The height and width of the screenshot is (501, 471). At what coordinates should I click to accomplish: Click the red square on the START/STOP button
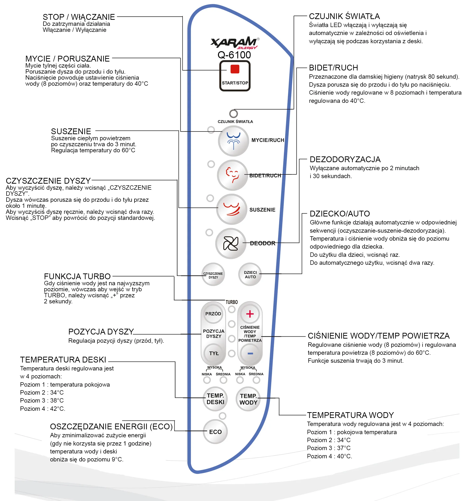coord(235,69)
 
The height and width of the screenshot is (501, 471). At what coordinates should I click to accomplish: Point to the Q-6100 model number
coord(234,55)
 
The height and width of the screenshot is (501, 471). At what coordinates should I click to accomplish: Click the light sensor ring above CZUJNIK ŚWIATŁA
coord(233,113)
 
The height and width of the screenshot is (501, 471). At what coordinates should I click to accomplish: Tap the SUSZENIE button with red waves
coord(232,209)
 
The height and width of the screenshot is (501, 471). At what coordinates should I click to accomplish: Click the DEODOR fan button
coord(231,244)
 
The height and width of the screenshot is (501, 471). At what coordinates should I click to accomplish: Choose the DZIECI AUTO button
coord(250,274)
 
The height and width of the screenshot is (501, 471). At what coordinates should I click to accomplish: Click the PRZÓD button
coord(213,314)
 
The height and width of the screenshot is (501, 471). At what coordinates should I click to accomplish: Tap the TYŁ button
coord(214,353)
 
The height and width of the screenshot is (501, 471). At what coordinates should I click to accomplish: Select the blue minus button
coord(250,353)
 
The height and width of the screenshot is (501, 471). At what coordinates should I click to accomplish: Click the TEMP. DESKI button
coord(215,399)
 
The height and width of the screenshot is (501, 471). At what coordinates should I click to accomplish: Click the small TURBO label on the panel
coord(232,302)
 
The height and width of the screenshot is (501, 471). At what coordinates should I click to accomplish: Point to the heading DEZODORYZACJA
coord(345,159)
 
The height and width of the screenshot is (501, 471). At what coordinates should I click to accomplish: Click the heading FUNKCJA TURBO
coord(77,276)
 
